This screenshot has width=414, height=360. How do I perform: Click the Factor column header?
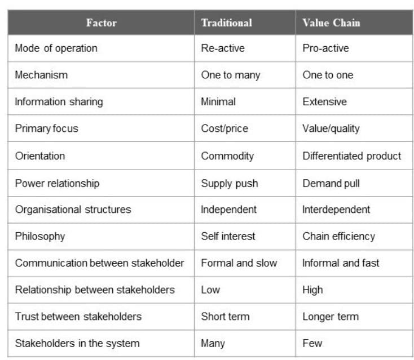(x=102, y=23)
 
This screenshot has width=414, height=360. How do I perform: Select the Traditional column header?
(x=226, y=23)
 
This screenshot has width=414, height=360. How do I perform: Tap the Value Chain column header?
(x=331, y=23)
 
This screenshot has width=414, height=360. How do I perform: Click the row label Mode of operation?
(x=56, y=48)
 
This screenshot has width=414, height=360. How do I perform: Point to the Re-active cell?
(x=223, y=48)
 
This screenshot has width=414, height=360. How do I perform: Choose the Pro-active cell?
(x=325, y=48)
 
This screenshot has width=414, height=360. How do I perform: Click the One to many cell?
(x=230, y=75)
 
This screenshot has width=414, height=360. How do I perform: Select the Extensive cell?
(x=324, y=102)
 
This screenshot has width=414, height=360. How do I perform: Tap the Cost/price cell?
(x=224, y=128)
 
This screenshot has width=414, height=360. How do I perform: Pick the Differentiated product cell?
(x=351, y=155)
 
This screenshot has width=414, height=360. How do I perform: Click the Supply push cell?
(x=229, y=183)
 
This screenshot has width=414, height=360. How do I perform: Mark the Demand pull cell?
(x=331, y=183)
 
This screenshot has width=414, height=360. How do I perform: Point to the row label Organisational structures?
(x=73, y=210)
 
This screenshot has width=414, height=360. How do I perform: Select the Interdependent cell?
(x=336, y=210)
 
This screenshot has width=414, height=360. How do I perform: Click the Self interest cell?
(x=228, y=236)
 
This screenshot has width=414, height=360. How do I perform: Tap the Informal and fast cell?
(x=341, y=263)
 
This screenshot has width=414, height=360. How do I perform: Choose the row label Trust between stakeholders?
(x=78, y=317)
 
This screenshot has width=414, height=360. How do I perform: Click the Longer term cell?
(x=330, y=317)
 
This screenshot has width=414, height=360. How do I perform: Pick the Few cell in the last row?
(x=312, y=343)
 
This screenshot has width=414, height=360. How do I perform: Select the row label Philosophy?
(x=39, y=236)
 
